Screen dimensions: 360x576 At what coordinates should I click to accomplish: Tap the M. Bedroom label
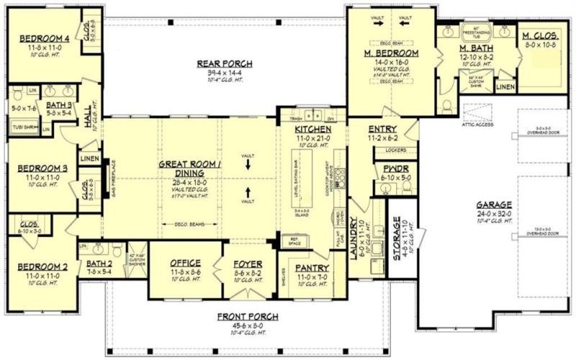click(392, 53)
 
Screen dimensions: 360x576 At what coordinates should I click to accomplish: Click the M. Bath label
click(475, 48)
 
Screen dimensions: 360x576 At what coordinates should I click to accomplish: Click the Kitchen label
click(312, 130)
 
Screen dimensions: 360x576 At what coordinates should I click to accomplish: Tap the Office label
click(185, 264)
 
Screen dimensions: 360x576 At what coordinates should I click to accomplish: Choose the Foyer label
click(248, 264)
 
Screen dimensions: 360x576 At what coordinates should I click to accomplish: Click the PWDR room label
click(392, 168)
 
